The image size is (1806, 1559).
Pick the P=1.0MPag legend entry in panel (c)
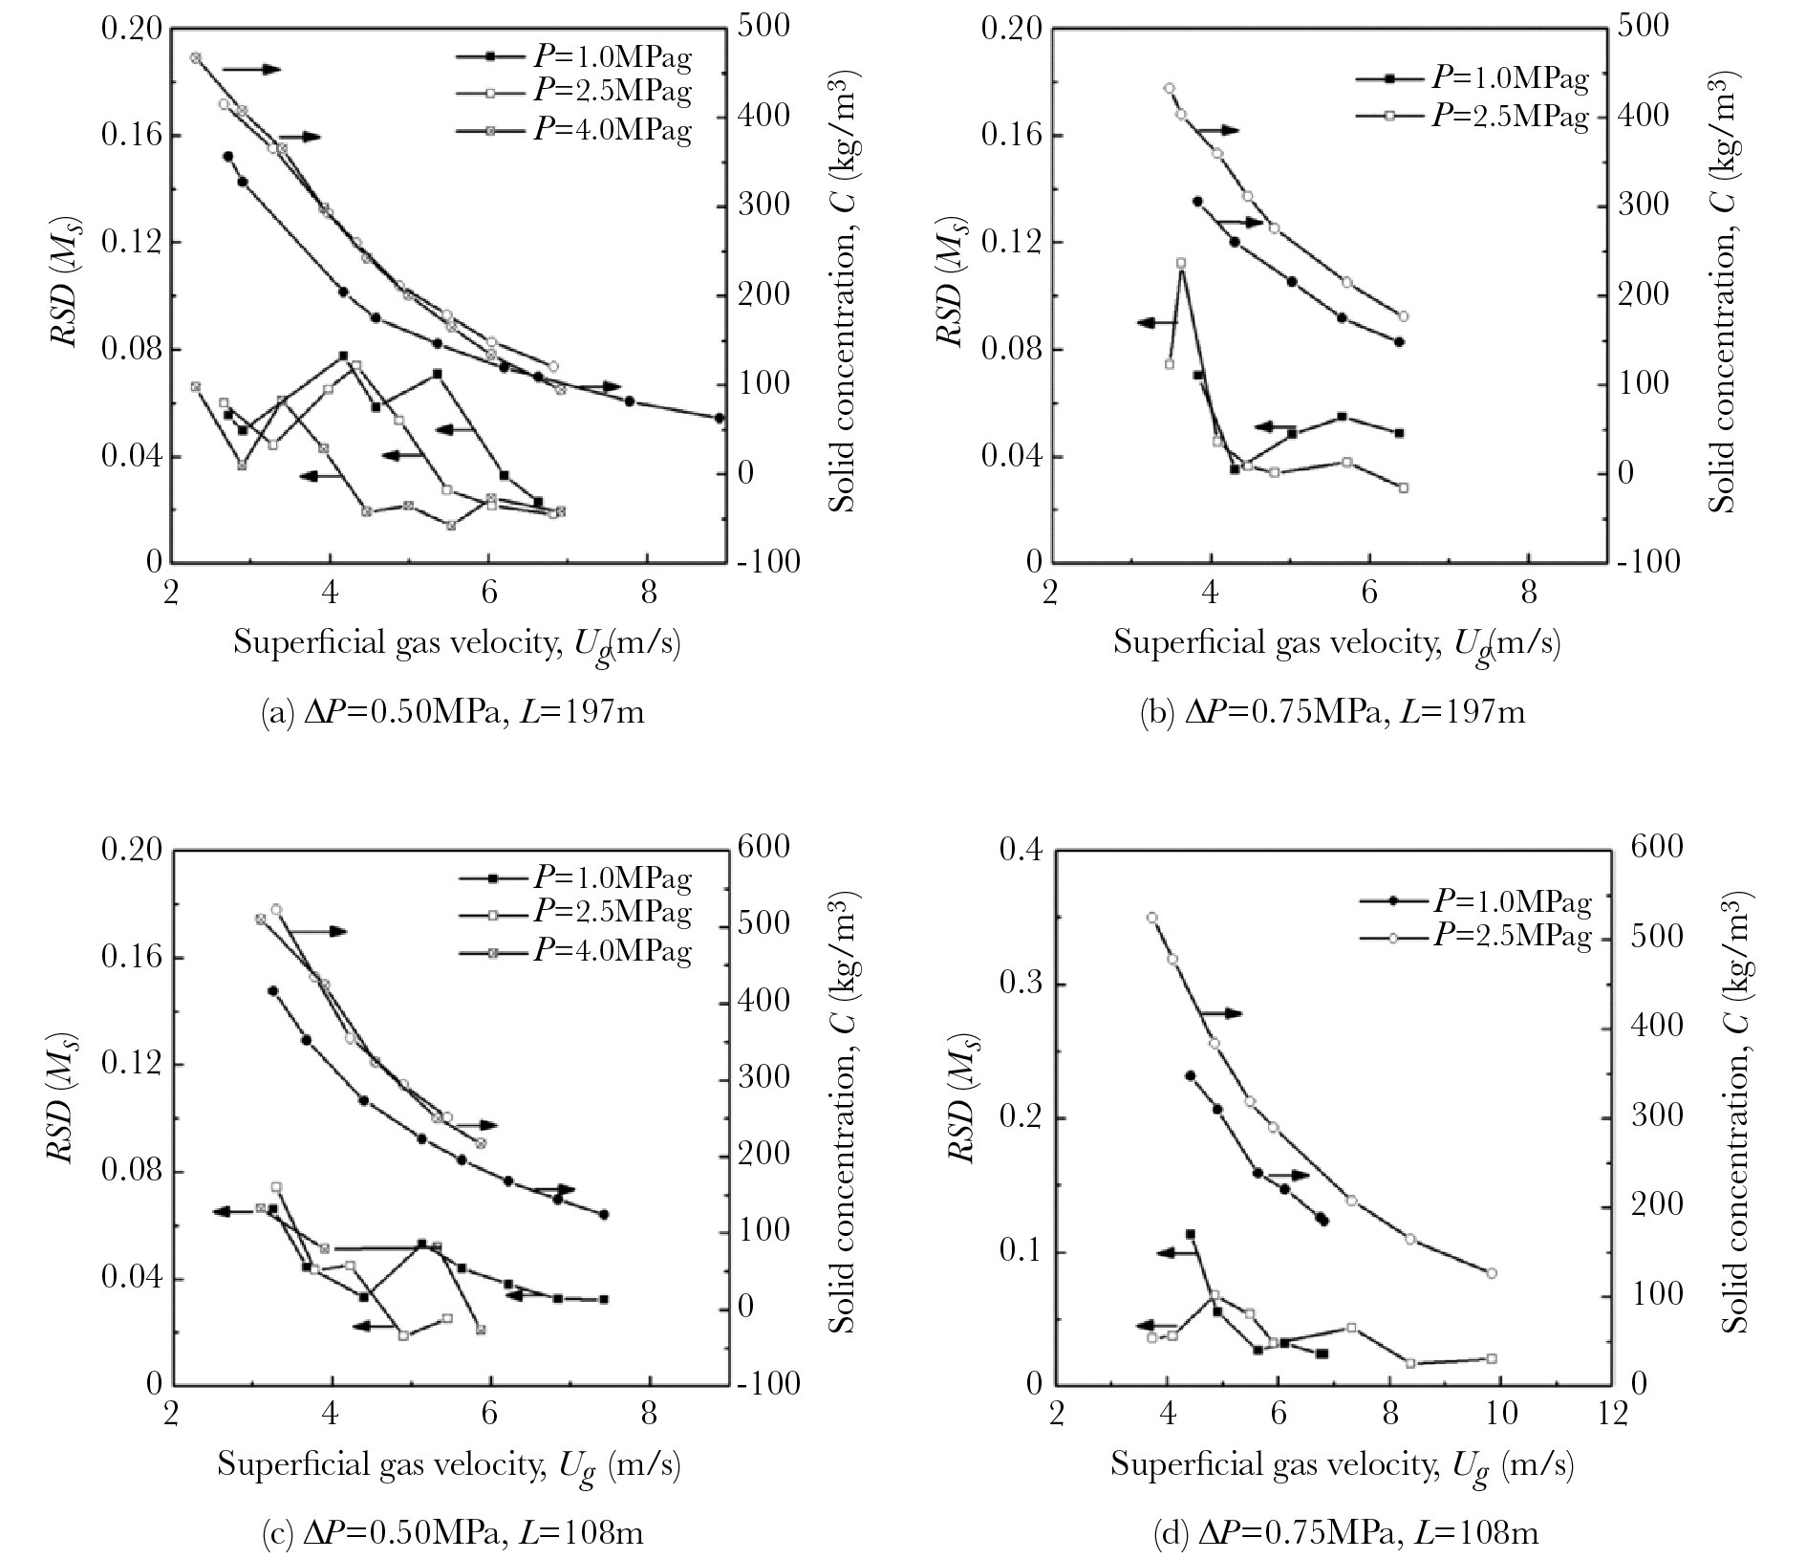point(573,877)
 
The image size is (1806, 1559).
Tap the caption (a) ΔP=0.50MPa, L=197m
point(452,711)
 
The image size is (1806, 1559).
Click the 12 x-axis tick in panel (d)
point(1613,1413)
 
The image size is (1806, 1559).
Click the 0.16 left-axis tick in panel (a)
point(131,136)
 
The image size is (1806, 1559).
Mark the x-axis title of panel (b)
point(1336,643)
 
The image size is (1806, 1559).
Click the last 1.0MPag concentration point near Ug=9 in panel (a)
point(720,418)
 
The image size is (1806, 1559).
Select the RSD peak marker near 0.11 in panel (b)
point(1181,263)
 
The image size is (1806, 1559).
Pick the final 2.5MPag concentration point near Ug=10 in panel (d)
point(1492,1273)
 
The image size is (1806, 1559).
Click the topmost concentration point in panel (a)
point(195,58)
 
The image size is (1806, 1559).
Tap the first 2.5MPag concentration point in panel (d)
point(1152,918)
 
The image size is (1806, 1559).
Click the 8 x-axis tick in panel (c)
point(650,1413)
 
